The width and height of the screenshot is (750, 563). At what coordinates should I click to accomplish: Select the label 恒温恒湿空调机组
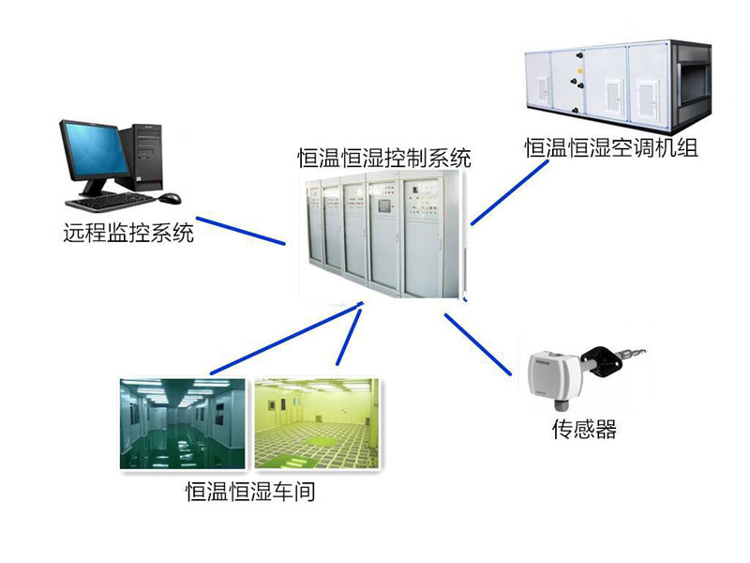[x=611, y=147]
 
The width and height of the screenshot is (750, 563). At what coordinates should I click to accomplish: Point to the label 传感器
[x=583, y=431]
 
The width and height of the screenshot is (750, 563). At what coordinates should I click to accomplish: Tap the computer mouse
[x=170, y=199]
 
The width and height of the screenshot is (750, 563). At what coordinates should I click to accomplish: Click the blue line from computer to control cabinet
[x=241, y=232]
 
